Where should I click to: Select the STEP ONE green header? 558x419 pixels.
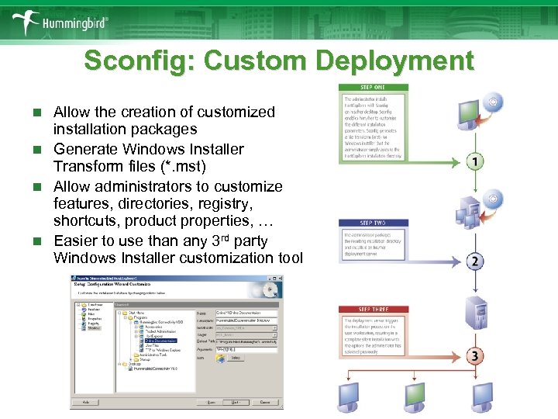(374, 88)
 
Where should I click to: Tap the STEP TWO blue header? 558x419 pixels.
(374, 223)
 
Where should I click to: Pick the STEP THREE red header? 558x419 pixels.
(374, 309)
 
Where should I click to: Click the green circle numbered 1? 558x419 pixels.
(475, 161)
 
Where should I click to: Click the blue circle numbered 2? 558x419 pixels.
(475, 261)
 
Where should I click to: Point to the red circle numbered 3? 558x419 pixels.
(475, 356)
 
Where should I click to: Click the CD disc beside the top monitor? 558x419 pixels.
(493, 102)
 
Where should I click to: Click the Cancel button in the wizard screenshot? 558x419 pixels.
(266, 402)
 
